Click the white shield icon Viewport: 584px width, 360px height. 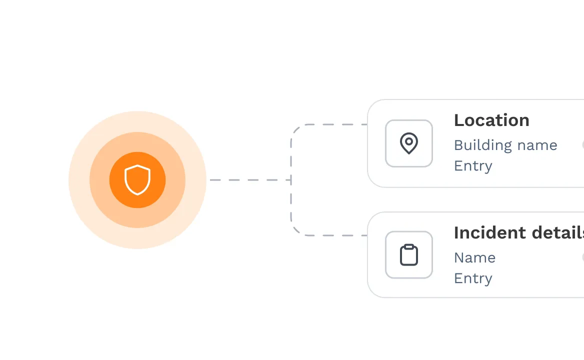pyautogui.click(x=137, y=179)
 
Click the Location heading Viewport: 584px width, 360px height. pyautogui.click(x=491, y=120)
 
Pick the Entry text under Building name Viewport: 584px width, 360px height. pyautogui.click(x=473, y=165)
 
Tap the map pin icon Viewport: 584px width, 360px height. pyautogui.click(x=409, y=143)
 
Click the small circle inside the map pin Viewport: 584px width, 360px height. pyautogui.click(x=409, y=141)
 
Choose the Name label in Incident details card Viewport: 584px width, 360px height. pyautogui.click(x=474, y=258)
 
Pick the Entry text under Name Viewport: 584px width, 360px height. pyautogui.click(x=473, y=278)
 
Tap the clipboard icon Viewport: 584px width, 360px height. pyautogui.click(x=409, y=255)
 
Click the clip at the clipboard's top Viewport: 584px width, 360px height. pyautogui.click(x=409, y=246)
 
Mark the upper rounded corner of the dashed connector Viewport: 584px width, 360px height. pyautogui.click(x=295, y=129)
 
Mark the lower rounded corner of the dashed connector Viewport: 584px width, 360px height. pyautogui.click(x=295, y=231)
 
